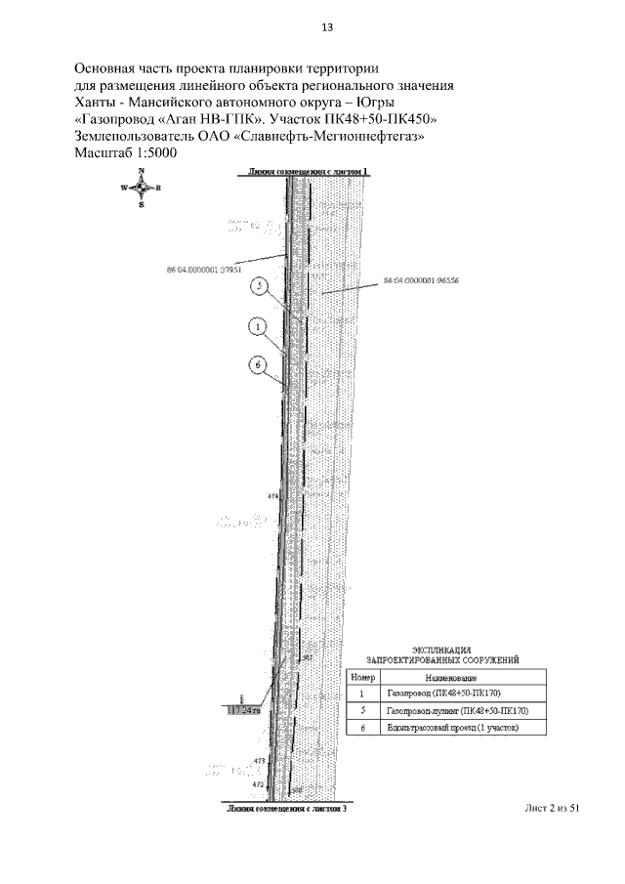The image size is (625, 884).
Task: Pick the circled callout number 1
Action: [x=258, y=325]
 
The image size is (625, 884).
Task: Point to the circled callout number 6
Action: [x=258, y=364]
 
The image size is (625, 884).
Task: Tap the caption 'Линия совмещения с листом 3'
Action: [x=286, y=810]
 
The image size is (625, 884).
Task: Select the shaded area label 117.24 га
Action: [x=244, y=710]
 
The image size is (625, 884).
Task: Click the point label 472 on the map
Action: [x=258, y=784]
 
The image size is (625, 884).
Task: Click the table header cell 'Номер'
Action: [x=362, y=677]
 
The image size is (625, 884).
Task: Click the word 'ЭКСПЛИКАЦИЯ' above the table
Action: [x=441, y=649]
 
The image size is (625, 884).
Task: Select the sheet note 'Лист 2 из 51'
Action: [x=553, y=809]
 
